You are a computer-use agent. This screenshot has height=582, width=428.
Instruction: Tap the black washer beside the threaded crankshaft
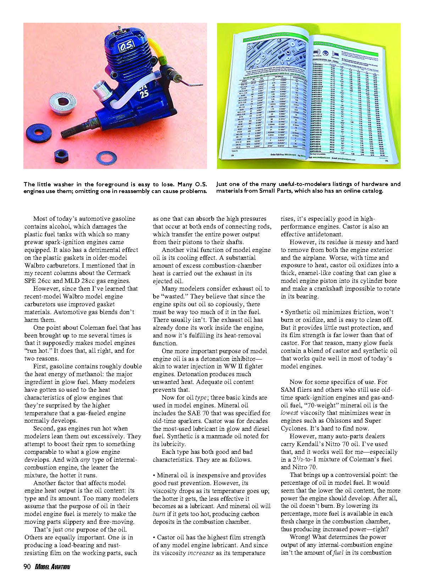39,133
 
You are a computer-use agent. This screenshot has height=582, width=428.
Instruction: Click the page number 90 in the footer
27,567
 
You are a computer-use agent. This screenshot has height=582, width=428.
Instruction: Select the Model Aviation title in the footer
52,567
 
